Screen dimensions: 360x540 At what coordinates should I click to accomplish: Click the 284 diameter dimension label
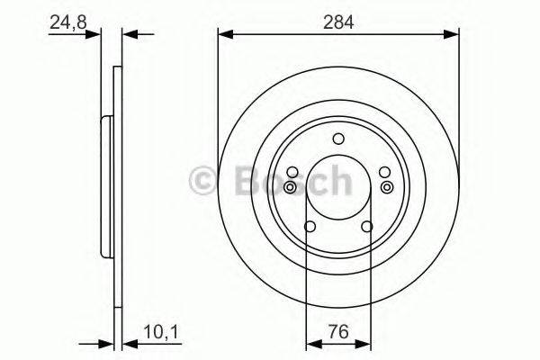pyautogui.click(x=339, y=22)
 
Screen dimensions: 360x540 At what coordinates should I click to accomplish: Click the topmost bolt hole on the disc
pyautogui.click(x=338, y=139)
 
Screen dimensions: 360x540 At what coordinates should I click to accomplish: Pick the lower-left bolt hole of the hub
pyautogui.click(x=310, y=228)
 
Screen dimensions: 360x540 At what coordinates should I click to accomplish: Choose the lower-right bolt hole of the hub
pyautogui.click(x=367, y=228)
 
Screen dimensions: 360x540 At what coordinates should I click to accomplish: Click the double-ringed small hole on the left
pyautogui.click(x=291, y=186)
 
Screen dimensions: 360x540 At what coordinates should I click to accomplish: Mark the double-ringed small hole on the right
pyautogui.click(x=387, y=186)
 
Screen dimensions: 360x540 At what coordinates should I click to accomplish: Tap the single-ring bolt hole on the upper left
pyautogui.click(x=292, y=172)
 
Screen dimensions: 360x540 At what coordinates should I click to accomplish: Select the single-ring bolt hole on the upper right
pyautogui.click(x=384, y=172)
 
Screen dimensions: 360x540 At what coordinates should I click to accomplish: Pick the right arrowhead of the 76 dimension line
pyautogui.click(x=365, y=344)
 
